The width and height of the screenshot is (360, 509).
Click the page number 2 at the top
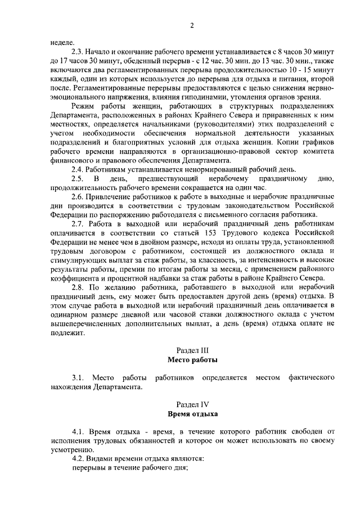click(x=192, y=25)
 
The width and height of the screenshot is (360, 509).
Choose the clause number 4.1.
click(x=78, y=431)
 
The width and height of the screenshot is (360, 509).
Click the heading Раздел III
click(x=192, y=349)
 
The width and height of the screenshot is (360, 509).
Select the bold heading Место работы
click(x=192, y=359)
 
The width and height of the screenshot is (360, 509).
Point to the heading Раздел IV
click(x=192, y=404)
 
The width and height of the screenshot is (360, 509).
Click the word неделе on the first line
click(x=61, y=42)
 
